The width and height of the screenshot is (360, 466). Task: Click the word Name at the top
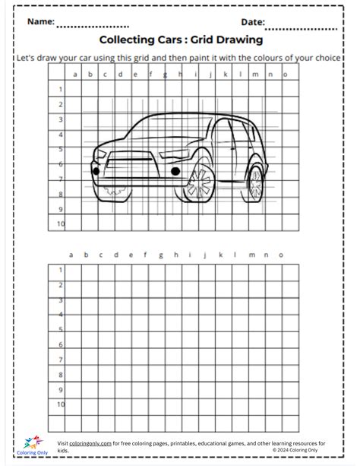point(41,22)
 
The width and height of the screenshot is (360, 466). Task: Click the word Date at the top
point(253,22)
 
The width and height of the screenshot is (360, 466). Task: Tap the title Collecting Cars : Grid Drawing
point(181,40)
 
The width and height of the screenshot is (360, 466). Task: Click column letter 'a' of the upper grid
point(76,74)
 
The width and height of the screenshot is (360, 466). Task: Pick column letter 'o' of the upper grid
point(286,74)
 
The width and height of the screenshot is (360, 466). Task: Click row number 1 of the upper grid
point(60,90)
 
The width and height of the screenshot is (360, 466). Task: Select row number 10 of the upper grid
point(60,223)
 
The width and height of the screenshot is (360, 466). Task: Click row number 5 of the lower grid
point(60,329)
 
